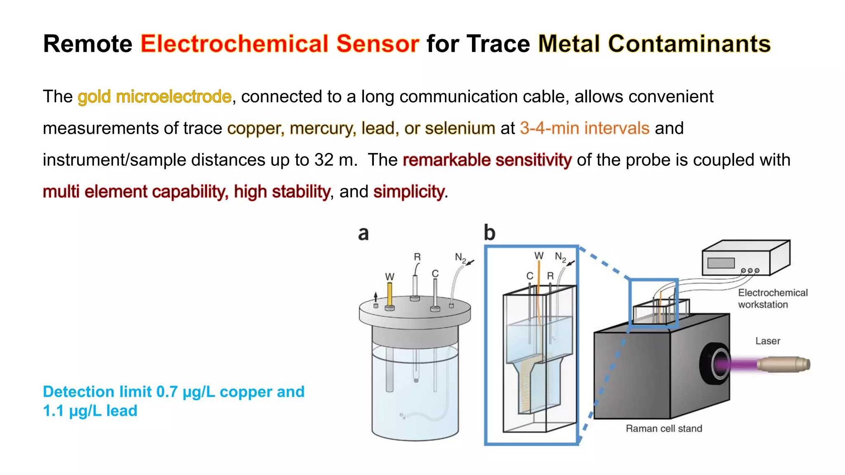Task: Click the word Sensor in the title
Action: [378, 44]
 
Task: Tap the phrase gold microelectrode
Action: [154, 97]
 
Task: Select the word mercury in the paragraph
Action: [323, 129]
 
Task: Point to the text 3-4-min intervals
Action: [585, 129]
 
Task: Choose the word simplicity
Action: [408, 192]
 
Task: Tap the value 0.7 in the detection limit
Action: [167, 392]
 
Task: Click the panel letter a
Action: [363, 233]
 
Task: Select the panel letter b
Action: [489, 233]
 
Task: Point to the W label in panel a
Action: [389, 277]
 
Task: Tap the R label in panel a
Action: [417, 257]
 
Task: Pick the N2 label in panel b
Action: [560, 257]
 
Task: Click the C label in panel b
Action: [530, 276]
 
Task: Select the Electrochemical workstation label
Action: [772, 299]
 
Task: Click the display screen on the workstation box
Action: [721, 263]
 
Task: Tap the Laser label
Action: [767, 341]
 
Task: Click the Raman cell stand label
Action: [663, 429]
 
